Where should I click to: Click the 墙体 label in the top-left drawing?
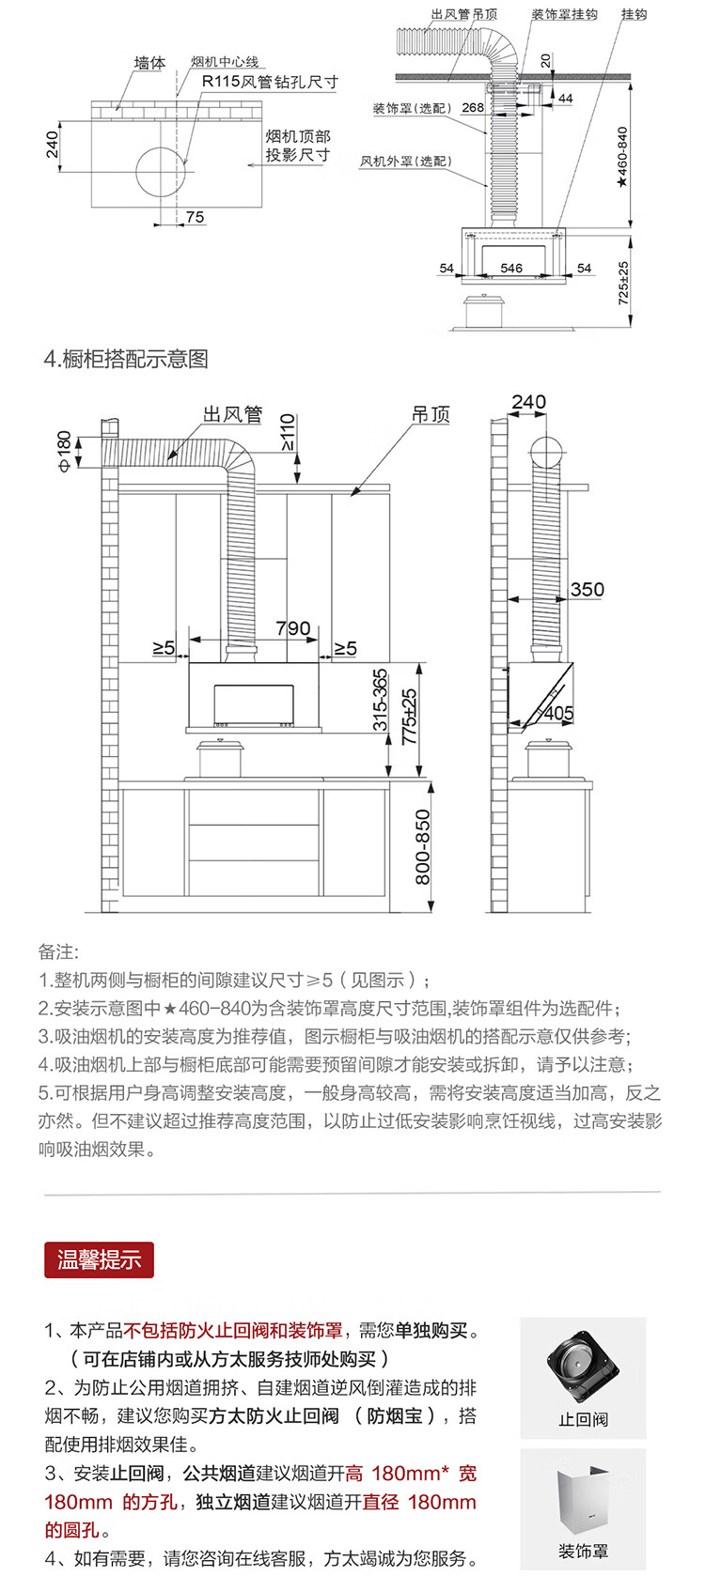[x=150, y=63]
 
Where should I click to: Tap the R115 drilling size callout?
[x=270, y=82]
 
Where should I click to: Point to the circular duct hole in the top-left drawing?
[x=162, y=172]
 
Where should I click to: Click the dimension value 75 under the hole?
[x=196, y=217]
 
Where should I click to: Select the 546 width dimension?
[x=511, y=268]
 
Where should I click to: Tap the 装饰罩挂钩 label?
[x=564, y=14]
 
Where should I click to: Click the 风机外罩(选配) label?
[x=406, y=162]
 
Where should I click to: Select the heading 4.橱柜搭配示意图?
[x=126, y=359]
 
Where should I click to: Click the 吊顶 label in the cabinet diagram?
[x=431, y=414]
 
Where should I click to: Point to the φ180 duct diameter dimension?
[x=64, y=452]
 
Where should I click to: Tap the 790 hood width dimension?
[x=293, y=627]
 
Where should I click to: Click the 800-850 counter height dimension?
[x=422, y=847]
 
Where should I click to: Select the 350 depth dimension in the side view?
[x=587, y=589]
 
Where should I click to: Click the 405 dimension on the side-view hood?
[x=558, y=714]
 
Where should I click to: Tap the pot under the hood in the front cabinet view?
[x=220, y=758]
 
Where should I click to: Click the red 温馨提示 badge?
[x=100, y=1260]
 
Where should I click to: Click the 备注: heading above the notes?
[x=58, y=952]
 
